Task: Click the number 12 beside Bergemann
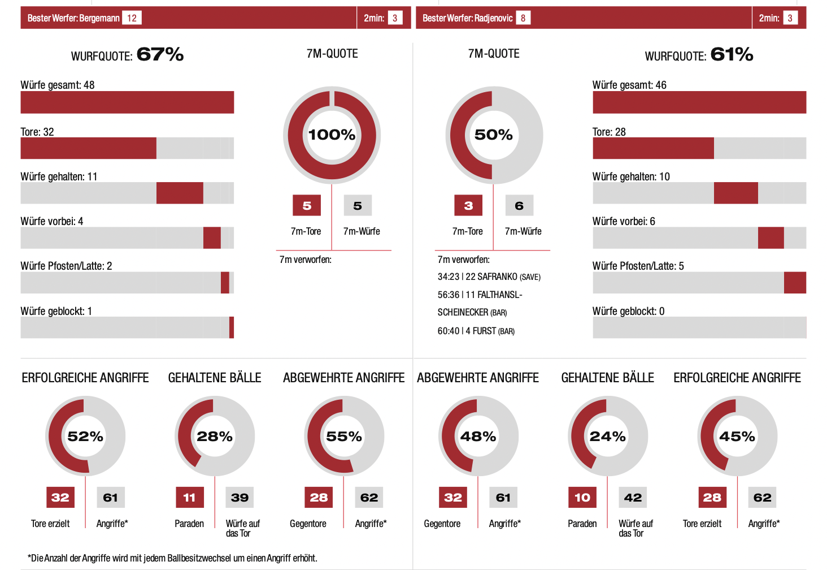132,18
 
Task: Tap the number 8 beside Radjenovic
523,18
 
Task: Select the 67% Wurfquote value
160,54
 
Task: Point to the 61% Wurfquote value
732,54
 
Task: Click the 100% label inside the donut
332,135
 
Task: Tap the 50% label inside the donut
493,135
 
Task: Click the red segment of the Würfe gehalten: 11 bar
180,193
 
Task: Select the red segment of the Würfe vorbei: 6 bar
771,237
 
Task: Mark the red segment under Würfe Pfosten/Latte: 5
795,282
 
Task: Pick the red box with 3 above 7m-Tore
468,206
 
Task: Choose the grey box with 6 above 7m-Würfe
519,206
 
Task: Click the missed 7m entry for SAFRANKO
489,277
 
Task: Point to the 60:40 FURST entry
476,331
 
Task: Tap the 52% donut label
85,436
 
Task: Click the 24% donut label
607,436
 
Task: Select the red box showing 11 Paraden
189,498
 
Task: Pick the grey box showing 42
633,498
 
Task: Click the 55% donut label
343,436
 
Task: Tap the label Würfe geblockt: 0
628,311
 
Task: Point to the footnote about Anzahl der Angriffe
172,558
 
